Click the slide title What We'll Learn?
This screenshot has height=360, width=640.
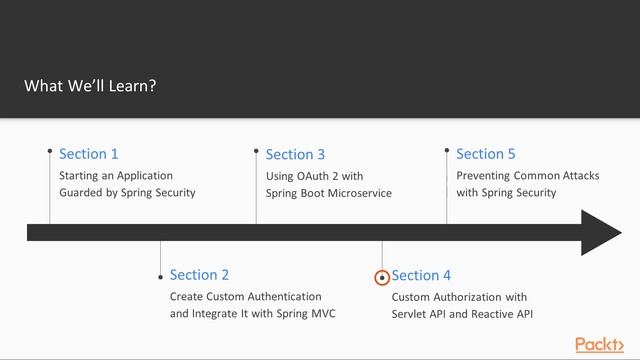[x=90, y=86]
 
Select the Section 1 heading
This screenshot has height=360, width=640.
[x=89, y=154]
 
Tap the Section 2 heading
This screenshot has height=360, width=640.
[x=200, y=275]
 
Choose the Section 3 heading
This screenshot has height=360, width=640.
[x=295, y=154]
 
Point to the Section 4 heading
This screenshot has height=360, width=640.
[x=421, y=275]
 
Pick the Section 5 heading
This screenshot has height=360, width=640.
[x=486, y=154]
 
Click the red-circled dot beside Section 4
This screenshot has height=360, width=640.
[x=382, y=278]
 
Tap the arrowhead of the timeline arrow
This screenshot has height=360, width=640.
[x=602, y=233]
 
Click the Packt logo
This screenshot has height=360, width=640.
[x=600, y=345]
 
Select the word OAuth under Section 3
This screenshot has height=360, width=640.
[x=312, y=176]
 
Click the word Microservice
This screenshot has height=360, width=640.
[x=359, y=193]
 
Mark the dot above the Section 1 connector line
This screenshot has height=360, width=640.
[x=50, y=152]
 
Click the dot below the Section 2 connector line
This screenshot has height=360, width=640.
[x=160, y=277]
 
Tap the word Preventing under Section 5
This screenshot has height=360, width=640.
[x=483, y=176]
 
